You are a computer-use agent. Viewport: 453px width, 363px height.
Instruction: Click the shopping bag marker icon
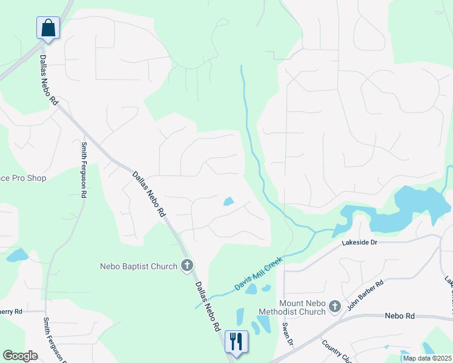tap(48, 28)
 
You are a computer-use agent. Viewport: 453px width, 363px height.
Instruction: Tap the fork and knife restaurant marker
tap(236, 341)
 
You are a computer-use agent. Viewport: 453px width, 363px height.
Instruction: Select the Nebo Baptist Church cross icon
tap(187, 266)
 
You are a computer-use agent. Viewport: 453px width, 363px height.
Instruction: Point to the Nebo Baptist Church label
tap(139, 266)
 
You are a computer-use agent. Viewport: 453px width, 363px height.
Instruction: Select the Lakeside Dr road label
tap(359, 242)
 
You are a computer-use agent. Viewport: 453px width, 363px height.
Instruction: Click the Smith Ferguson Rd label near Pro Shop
tap(84, 170)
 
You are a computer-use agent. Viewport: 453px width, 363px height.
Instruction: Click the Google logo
tap(20, 356)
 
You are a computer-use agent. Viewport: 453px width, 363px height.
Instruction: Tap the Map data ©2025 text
tap(426, 358)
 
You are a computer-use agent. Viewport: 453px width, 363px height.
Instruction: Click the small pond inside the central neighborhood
tap(229, 201)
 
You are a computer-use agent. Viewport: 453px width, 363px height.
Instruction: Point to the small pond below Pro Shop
tap(16, 255)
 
